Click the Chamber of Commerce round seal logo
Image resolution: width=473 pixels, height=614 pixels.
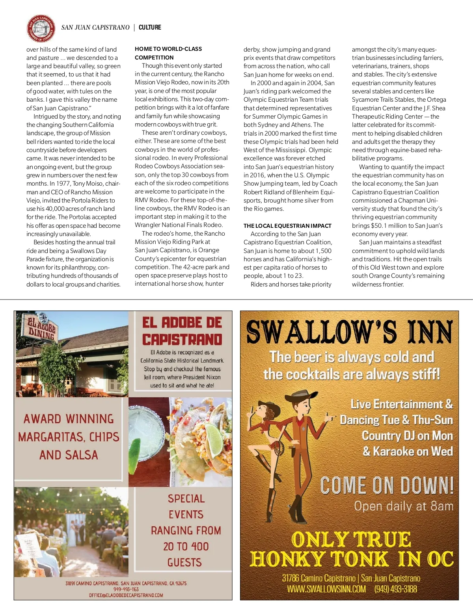pyautogui.click(x=40, y=28)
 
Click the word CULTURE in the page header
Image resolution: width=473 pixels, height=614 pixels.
pyautogui.click(x=150, y=28)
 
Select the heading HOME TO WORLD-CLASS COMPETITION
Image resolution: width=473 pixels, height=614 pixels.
pyautogui.click(x=168, y=53)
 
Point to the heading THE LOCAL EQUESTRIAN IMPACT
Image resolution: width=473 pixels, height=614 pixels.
pyautogui.click(x=287, y=226)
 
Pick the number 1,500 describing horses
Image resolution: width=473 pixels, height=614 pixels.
pyautogui.click(x=323, y=251)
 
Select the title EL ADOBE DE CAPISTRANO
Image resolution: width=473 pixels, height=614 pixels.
pyautogui.click(x=182, y=331)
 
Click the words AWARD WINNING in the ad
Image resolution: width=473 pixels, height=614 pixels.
pyautogui.click(x=69, y=419)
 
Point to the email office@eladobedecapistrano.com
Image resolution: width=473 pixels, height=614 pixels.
pyautogui.click(x=126, y=595)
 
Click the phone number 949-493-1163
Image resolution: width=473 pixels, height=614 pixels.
pyautogui.click(x=126, y=589)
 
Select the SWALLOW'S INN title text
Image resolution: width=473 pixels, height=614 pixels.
pyautogui.click(x=349, y=332)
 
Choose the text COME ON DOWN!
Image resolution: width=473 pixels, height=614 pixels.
pyautogui.click(x=387, y=486)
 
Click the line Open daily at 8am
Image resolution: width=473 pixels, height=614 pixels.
pyautogui.click(x=404, y=506)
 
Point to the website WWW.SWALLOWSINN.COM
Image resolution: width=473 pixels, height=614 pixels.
pyautogui.click(x=326, y=589)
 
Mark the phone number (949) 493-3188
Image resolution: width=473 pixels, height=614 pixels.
pyautogui.click(x=395, y=589)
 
